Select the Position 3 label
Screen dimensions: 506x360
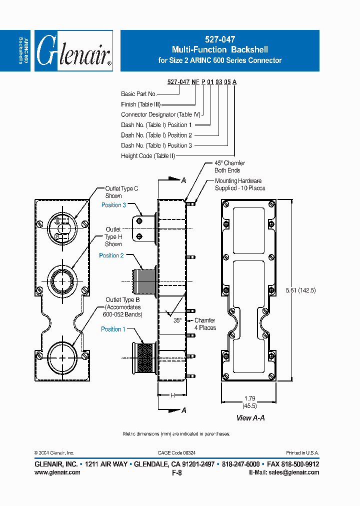tap(113, 205)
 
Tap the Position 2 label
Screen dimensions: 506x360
tap(111, 255)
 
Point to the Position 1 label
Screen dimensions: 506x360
tap(113, 329)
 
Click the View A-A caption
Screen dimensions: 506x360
tap(250, 417)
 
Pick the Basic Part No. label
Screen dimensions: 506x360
tap(138, 94)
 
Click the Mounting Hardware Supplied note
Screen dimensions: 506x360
tap(239, 184)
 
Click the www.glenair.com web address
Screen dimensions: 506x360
tap(57, 472)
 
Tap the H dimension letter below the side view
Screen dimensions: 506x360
tap(171, 395)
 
